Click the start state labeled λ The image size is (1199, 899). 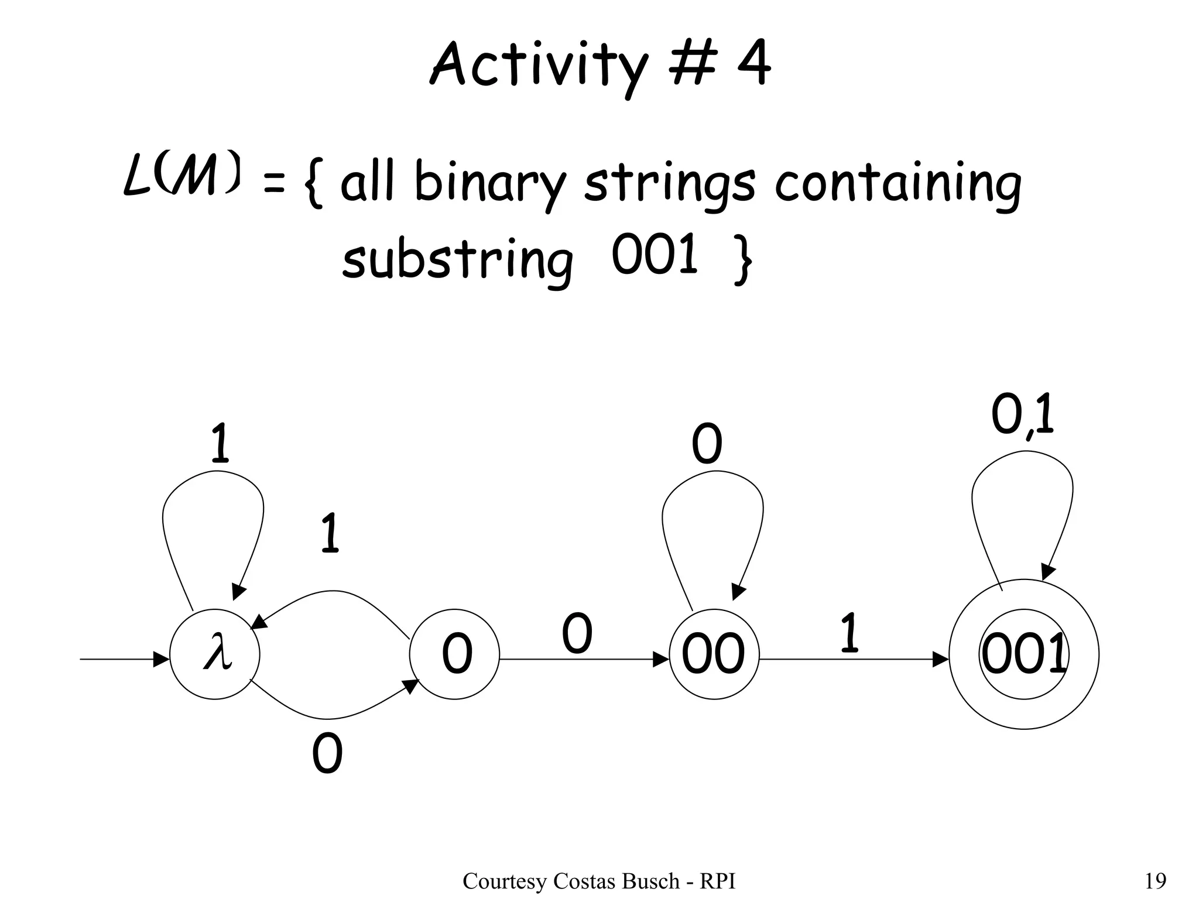point(215,654)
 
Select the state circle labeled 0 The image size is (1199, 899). point(455,654)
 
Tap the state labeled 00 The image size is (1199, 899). point(714,654)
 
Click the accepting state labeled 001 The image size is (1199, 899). point(1023,654)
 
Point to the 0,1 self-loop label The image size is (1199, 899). point(1022,416)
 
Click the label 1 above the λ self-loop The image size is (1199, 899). point(220,444)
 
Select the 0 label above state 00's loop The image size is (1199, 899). point(707,445)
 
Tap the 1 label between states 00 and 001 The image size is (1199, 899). point(849,633)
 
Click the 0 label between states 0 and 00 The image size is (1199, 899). point(577,634)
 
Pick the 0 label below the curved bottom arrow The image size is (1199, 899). point(327,754)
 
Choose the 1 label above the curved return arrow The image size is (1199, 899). point(330,533)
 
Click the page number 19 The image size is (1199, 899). point(1155,880)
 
